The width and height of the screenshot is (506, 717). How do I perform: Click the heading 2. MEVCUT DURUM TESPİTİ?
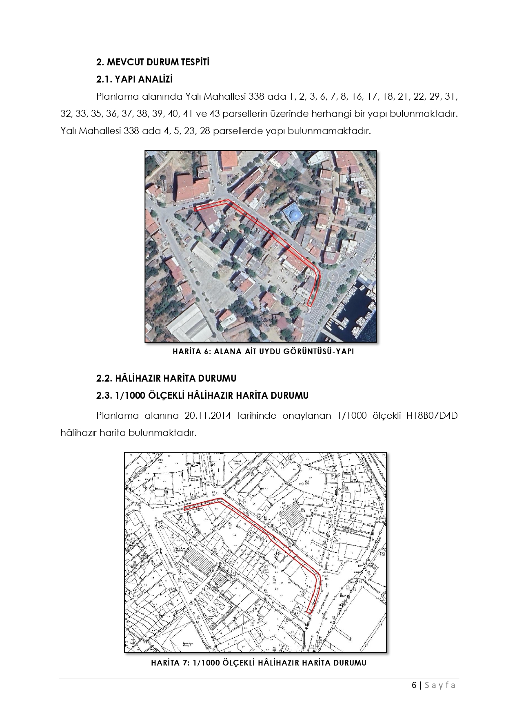coord(153,62)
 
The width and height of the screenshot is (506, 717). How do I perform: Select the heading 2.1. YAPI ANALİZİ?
coord(135,79)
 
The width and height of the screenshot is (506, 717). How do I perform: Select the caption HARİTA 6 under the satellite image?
coord(263,351)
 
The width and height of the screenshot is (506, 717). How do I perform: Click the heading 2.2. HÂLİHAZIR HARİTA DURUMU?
coord(166,378)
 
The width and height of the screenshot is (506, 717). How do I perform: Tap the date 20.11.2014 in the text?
coord(208,416)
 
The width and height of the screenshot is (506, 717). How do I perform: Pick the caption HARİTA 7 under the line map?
coord(258,663)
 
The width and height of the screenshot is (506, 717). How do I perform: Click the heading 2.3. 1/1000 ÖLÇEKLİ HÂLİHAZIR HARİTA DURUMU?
coord(202,395)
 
